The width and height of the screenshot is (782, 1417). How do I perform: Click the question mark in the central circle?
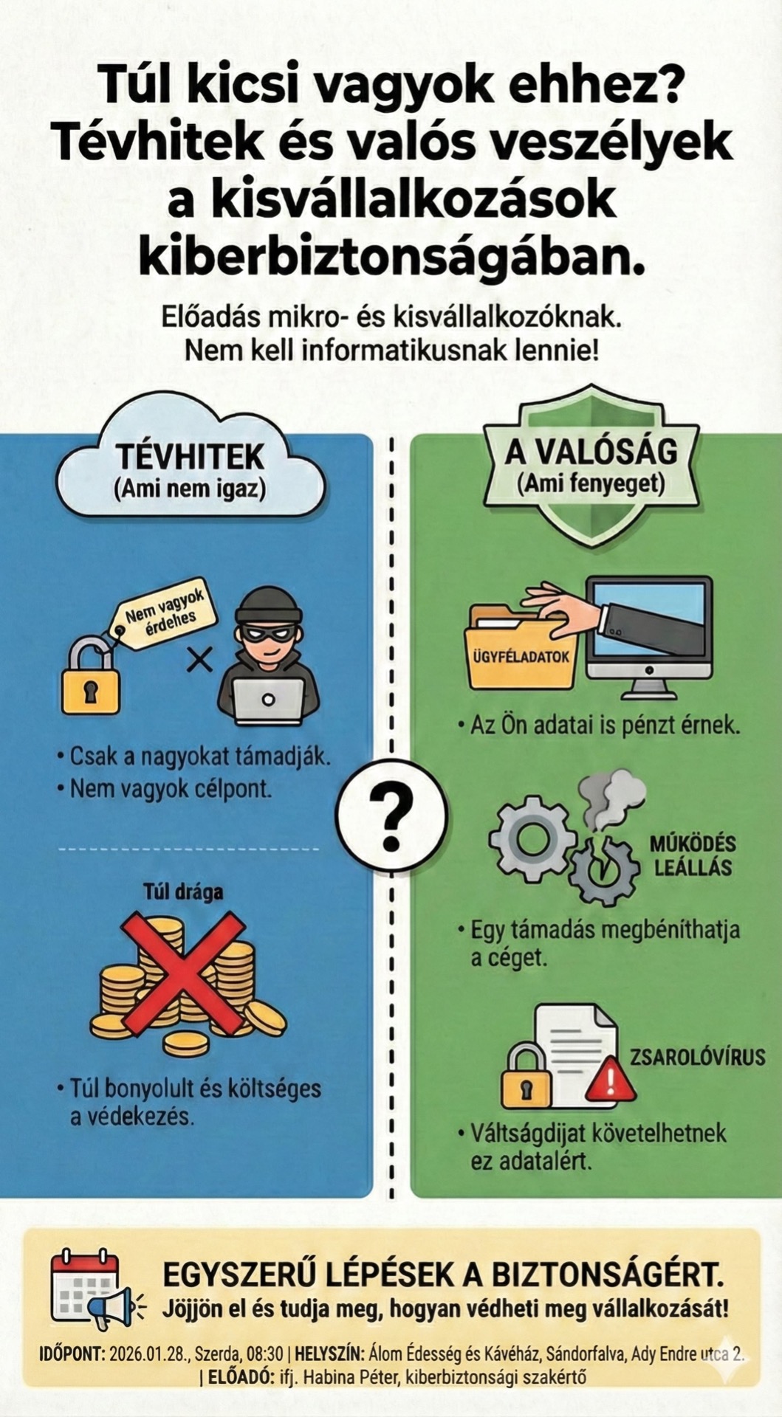391,817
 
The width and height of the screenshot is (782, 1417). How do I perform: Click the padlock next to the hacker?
91,676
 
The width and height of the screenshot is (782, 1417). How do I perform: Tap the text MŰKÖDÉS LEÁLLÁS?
692,855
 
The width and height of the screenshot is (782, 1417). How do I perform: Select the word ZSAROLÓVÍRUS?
697,1057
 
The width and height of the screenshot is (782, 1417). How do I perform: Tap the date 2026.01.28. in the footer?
150,1354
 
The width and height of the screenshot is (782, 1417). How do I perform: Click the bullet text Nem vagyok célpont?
171,788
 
